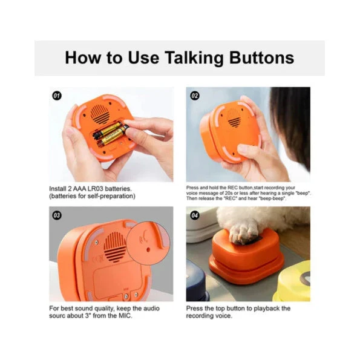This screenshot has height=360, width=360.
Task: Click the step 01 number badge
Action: coord(57,95)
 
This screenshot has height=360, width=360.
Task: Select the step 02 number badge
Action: coord(195,96)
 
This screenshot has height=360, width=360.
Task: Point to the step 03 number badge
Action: coord(57,215)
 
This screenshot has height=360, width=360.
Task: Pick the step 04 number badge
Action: coord(195,215)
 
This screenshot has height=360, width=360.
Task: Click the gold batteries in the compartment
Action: coord(109,134)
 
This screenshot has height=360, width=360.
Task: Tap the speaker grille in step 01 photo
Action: coord(99,113)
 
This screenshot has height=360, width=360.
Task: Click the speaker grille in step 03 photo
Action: coord(113,248)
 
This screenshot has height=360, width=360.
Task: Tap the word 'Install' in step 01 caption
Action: coord(59,188)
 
